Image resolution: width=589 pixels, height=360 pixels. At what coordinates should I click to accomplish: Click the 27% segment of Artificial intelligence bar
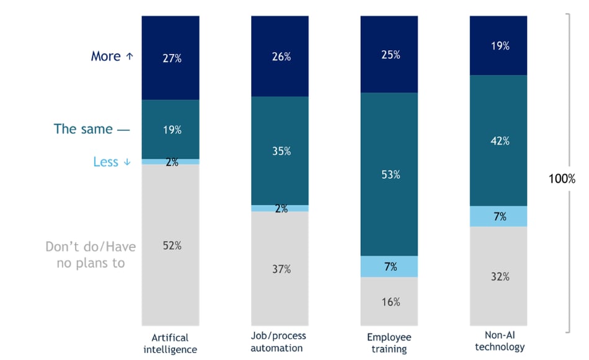(170, 58)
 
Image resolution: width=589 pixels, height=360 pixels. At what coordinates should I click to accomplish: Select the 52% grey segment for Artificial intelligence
(170, 245)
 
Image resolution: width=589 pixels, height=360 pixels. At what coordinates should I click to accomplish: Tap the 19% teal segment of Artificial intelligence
(170, 130)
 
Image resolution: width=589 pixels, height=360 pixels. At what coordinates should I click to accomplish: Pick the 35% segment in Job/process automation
(280, 151)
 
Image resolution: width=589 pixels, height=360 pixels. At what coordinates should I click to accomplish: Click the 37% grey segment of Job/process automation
(280, 268)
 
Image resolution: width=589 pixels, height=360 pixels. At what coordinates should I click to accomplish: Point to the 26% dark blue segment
(280, 56)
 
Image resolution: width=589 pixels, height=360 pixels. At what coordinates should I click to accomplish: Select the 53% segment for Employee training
(389, 174)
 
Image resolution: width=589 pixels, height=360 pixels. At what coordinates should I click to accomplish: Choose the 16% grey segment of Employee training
(389, 301)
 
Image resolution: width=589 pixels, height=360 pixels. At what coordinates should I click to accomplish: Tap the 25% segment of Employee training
(389, 55)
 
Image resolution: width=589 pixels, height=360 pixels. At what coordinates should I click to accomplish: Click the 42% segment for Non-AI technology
(498, 141)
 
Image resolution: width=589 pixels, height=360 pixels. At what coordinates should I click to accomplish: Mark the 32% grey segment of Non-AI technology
(498, 276)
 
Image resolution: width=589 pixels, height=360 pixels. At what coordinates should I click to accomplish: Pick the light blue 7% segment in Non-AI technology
(498, 216)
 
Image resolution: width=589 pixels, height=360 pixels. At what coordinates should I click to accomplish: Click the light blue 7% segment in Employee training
(389, 266)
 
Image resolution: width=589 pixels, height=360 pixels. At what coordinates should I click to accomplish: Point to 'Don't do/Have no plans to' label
(91, 255)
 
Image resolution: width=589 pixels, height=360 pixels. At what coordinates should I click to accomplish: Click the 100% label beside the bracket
(562, 178)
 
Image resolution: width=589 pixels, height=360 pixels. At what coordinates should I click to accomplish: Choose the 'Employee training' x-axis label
(389, 343)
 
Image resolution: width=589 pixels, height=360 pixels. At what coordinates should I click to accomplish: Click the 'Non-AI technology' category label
(499, 341)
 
